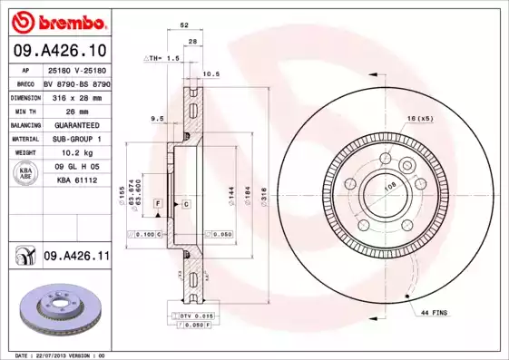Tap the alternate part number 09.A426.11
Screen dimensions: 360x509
tap(76, 257)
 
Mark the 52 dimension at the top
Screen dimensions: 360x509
tap(184, 26)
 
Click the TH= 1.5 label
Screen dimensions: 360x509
tap(163, 58)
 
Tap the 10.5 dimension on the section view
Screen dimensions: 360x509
tap(210, 74)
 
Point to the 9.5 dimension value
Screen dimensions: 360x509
tap(156, 119)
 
